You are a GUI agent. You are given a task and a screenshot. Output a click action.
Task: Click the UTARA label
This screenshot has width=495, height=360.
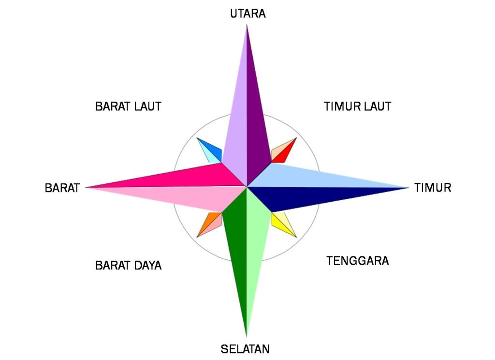coord(247,13)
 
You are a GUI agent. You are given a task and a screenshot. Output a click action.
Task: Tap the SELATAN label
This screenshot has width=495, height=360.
coord(245,349)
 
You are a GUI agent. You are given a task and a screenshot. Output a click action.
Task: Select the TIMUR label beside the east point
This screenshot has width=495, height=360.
coord(433,188)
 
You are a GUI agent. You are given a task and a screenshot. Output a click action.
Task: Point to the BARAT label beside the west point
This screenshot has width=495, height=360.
coord(62,188)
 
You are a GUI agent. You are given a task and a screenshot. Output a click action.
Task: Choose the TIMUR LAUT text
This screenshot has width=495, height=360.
coord(357,106)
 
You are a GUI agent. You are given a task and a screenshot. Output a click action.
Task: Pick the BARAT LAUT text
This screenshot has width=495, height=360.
coord(128,106)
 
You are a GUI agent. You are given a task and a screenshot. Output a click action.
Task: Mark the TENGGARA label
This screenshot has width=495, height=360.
coord(357,261)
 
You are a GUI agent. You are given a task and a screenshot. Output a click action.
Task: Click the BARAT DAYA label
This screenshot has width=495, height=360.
coord(128,266)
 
